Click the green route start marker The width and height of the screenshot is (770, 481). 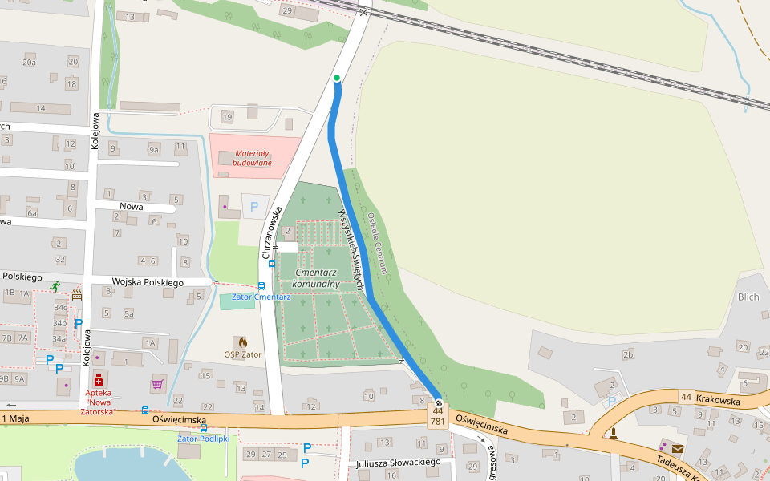pos(337,78)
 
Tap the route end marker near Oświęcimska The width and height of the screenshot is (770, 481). pos(439,402)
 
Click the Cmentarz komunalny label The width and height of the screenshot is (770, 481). pos(316,278)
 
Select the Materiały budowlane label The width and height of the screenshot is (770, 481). pos(252,158)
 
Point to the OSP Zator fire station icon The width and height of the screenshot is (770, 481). pos(242,342)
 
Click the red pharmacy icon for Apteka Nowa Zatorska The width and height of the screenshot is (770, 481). pos(98,379)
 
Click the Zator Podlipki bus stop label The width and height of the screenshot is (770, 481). pos(204,439)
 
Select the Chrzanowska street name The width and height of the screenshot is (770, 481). pos(269,232)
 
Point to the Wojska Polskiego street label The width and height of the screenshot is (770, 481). pos(148,282)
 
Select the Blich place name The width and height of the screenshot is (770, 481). pos(748,297)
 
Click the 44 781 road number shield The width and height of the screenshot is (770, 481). pos(438,416)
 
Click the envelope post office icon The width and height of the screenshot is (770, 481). pos(678,448)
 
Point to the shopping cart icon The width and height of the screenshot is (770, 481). pos(157,384)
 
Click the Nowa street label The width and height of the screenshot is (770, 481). pos(131,206)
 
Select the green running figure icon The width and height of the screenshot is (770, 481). pos(55,285)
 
